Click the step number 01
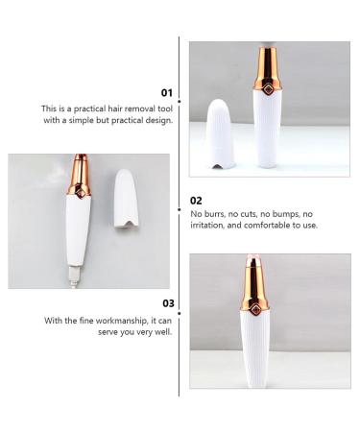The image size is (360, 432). [x=166, y=93]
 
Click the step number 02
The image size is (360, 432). [x=196, y=203]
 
